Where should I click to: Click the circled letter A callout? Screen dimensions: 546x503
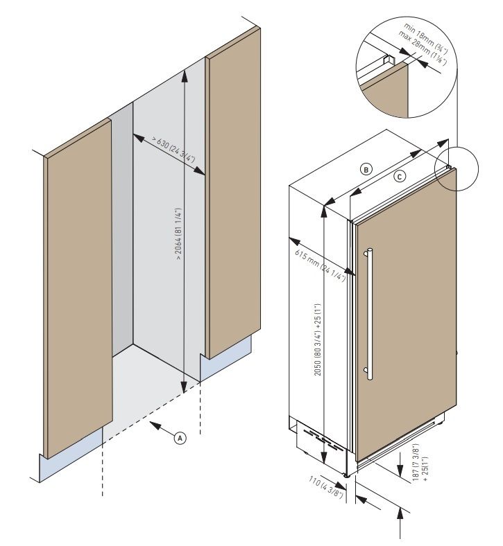(x=180, y=438)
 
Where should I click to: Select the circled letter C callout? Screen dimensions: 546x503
(x=399, y=176)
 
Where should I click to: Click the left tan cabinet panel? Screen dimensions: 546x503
(x=76, y=291)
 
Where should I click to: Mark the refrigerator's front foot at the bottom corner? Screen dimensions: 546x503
(x=347, y=476)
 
